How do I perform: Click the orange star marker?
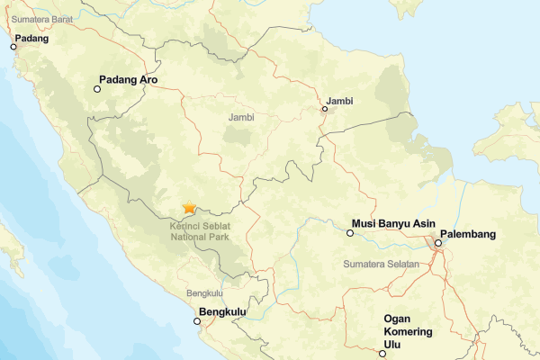point(189,208)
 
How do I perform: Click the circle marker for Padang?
point(13,47)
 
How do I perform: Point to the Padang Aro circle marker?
point(98,89)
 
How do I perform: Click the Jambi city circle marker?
point(325,110)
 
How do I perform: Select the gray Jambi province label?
point(241,118)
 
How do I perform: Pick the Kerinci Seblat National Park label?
point(199,231)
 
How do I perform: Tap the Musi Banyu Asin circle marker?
point(350,233)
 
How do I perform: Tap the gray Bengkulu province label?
point(204,293)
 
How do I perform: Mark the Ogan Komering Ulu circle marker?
point(382,354)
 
